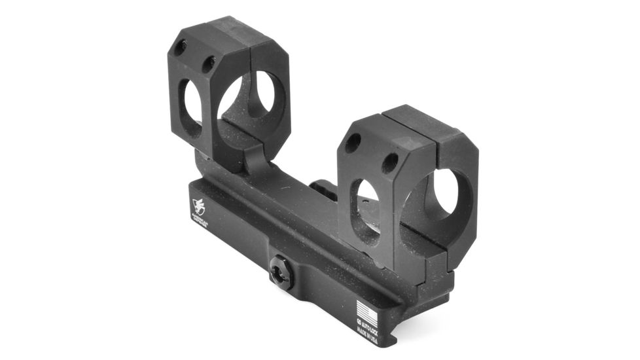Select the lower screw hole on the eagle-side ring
[x=209, y=63]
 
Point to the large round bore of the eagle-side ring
[x=252, y=105]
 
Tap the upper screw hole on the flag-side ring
[x=353, y=142]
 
